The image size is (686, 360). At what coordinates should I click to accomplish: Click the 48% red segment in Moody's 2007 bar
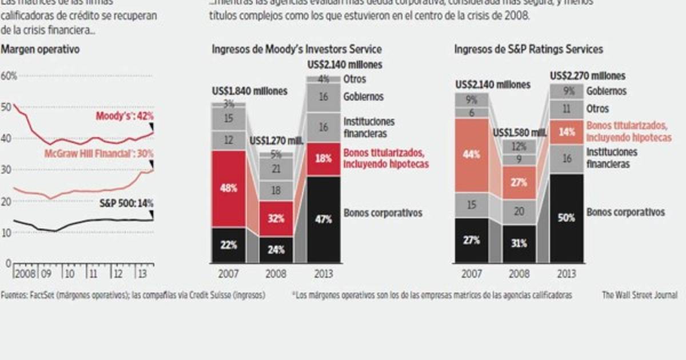click(x=228, y=189)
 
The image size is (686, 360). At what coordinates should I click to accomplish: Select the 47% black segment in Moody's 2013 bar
click(x=324, y=219)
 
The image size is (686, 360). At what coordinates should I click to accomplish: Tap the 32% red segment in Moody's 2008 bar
click(x=276, y=218)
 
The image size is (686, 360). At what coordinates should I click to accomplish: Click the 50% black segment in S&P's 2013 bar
click(x=567, y=217)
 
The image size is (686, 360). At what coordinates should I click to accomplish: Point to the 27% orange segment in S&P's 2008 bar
click(x=520, y=182)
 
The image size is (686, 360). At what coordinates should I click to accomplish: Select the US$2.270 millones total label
click(x=588, y=75)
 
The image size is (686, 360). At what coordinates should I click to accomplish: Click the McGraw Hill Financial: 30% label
click(x=99, y=153)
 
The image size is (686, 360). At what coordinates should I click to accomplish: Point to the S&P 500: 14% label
click(x=126, y=202)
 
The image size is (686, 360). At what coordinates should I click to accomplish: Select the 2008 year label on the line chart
click(x=25, y=273)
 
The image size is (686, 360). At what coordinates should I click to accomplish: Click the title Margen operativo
click(x=40, y=50)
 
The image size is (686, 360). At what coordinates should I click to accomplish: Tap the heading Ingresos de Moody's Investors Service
click(x=296, y=50)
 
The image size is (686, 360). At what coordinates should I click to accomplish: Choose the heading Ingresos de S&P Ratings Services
click(x=528, y=50)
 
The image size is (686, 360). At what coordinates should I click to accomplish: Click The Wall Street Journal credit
click(x=639, y=295)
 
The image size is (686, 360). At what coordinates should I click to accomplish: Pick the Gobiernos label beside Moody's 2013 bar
click(x=363, y=97)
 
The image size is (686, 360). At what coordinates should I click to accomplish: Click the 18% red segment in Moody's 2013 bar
click(x=324, y=159)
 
